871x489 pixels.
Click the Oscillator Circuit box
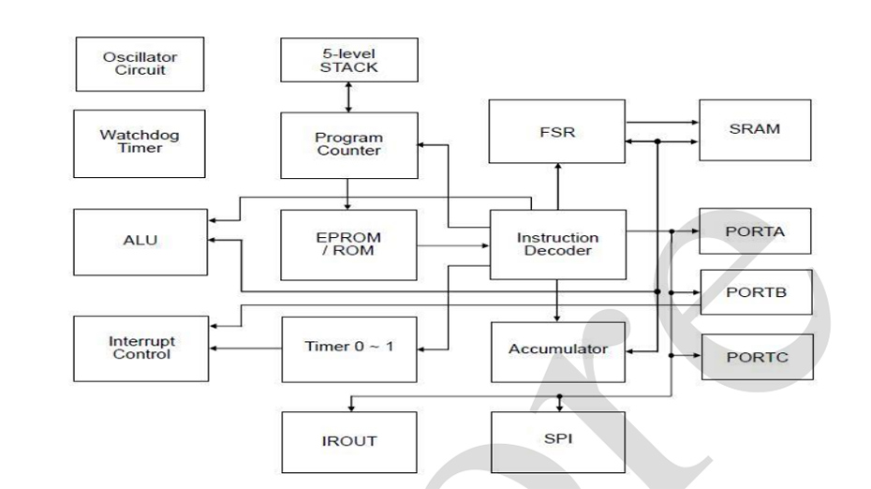[139, 64]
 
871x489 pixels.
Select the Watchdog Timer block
[139, 143]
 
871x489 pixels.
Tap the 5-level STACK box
[348, 60]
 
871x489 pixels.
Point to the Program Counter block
[348, 144]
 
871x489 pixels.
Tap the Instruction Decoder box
[557, 244]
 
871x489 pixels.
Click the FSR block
[557, 132]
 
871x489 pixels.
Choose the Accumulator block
[557, 350]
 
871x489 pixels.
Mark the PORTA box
[755, 230]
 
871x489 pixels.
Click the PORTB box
[755, 292]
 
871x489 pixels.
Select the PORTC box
[755, 357]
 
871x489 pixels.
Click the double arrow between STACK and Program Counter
[348, 96]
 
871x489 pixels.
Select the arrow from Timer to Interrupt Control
[244, 348]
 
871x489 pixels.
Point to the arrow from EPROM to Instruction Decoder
[452, 246]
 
